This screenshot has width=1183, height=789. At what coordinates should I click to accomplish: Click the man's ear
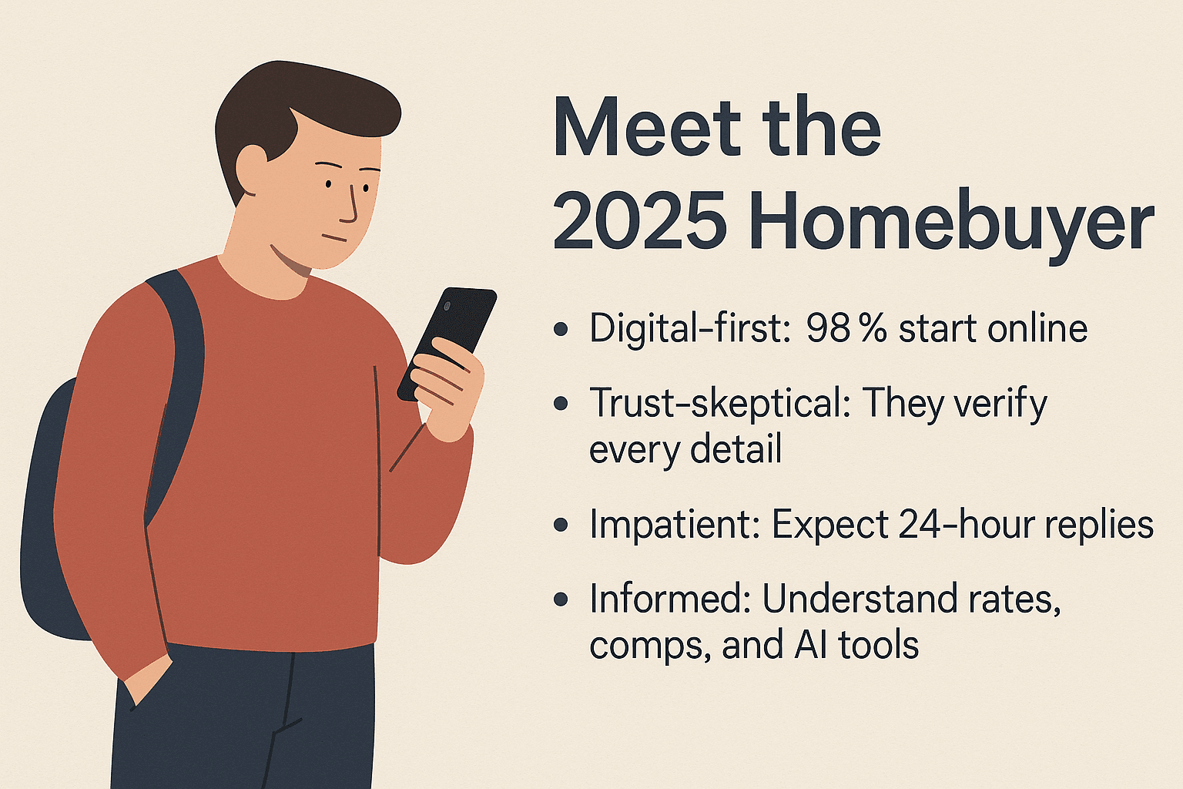[x=253, y=166]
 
